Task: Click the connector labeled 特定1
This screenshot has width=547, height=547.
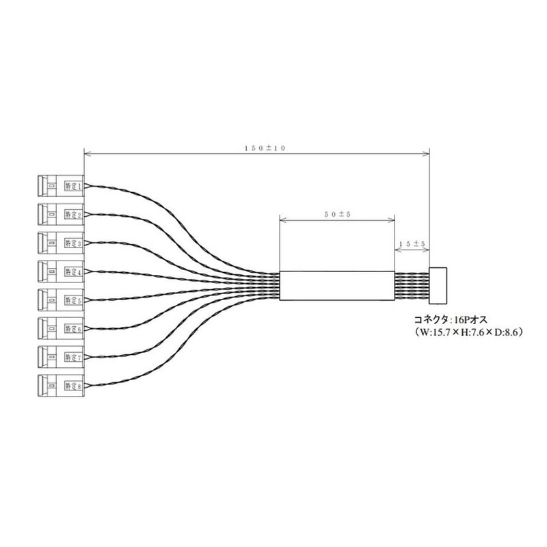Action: click(60, 185)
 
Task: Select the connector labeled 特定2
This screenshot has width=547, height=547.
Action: click(60, 214)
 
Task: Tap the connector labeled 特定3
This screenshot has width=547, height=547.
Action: click(60, 243)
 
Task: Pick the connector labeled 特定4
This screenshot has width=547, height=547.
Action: click(60, 271)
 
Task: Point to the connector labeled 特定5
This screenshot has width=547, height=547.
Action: click(60, 299)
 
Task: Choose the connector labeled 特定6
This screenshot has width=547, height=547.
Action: click(60, 328)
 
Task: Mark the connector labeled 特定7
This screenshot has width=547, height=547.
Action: click(60, 357)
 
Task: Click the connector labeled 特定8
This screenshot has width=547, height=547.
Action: click(60, 386)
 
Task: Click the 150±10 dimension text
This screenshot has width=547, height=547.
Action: click(256, 149)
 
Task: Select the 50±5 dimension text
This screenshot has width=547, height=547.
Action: click(338, 214)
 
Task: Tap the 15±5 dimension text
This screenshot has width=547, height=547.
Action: click(412, 243)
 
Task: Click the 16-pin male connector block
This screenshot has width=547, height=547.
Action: click(438, 285)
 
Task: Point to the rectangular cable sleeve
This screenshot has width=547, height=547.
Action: click(338, 286)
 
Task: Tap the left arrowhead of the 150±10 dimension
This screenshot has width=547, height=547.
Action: click(86, 154)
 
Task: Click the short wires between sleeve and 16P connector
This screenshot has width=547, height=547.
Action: click(412, 286)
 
